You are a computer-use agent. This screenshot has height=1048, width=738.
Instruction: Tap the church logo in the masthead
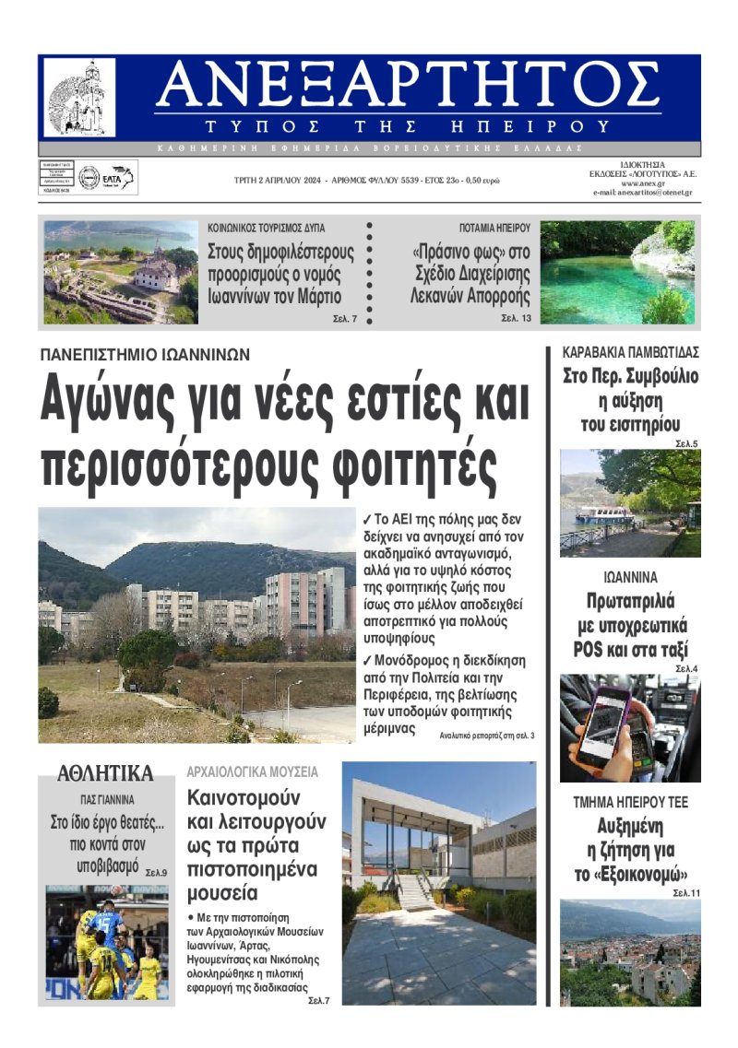coord(80,98)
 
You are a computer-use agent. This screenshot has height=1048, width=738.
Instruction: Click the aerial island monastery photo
coord(120,272)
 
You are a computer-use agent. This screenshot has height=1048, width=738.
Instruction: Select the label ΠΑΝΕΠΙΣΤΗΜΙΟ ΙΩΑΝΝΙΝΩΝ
coord(145,354)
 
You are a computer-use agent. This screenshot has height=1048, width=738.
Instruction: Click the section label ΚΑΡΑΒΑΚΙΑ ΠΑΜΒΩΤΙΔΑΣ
coord(631,352)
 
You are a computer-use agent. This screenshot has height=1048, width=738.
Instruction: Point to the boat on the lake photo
coord(605,514)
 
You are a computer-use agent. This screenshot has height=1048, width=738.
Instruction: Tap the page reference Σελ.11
coord(686,893)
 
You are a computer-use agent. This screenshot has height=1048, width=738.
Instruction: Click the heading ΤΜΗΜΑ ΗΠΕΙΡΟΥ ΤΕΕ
coord(630,802)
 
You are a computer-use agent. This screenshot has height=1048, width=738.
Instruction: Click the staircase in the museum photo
coord(415,890)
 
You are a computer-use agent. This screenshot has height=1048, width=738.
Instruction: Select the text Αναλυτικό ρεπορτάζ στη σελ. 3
coord(487,735)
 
